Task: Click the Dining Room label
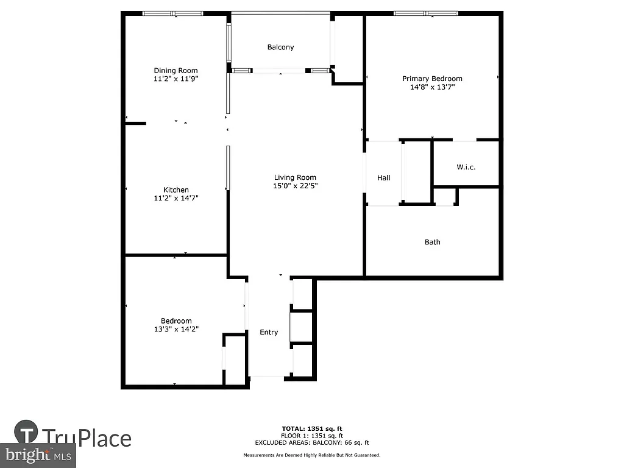point(175,71)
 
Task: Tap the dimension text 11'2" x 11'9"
point(175,79)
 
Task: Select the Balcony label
point(280,47)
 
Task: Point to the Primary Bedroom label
point(432,79)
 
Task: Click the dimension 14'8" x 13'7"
point(432,87)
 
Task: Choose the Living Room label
point(295,177)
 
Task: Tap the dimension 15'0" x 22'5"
point(295,186)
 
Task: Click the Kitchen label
point(175,190)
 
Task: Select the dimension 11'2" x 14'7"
point(175,198)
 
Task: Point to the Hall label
point(383,178)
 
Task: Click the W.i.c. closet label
point(466,167)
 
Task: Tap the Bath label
point(432,242)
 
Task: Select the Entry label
point(269,332)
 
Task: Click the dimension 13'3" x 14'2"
point(175,329)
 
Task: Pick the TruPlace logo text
point(86,438)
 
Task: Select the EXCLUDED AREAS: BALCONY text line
point(311,443)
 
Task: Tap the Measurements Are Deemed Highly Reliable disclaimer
point(311,455)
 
